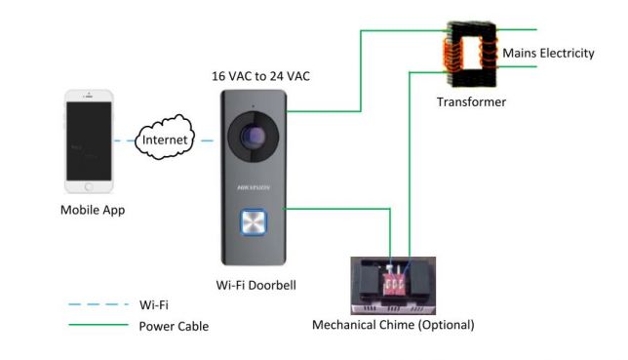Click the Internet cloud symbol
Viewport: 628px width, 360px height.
[165, 138]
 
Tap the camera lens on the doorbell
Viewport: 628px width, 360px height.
[254, 137]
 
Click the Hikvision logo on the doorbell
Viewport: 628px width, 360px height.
[254, 187]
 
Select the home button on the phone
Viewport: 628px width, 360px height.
[89, 186]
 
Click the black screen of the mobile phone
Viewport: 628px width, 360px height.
[89, 141]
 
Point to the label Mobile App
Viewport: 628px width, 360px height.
[93, 210]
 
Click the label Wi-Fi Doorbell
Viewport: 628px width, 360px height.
[255, 286]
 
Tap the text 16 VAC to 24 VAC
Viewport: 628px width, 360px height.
[260, 76]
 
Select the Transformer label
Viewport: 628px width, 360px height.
[471, 101]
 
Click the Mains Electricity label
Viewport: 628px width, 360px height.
[548, 53]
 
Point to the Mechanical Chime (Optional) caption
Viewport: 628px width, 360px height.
[393, 325]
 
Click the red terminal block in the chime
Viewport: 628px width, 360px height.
[393, 284]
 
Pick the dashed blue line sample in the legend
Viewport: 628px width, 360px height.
[98, 304]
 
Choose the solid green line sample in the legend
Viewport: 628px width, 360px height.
[98, 325]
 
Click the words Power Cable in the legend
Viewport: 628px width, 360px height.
[174, 326]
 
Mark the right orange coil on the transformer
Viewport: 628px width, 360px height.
[489, 52]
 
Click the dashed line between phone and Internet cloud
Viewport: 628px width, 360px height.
[125, 140]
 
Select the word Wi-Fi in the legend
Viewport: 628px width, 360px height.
[154, 305]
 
